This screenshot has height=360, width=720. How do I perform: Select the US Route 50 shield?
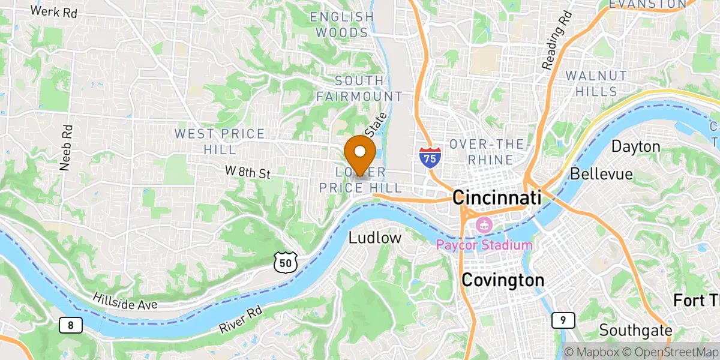click(x=284, y=261)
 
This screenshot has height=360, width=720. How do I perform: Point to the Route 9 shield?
click(x=563, y=320)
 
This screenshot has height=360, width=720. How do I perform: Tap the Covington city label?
click(x=502, y=280)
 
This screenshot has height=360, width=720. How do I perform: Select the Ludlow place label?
click(x=375, y=238)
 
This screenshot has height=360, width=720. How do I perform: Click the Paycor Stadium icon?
click(x=483, y=226)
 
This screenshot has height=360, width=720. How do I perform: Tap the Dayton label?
click(x=636, y=146)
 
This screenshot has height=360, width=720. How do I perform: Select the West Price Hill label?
click(x=220, y=140)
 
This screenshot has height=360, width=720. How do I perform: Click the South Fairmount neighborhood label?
click(x=359, y=88)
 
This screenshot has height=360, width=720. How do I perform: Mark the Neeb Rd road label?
click(x=66, y=148)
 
